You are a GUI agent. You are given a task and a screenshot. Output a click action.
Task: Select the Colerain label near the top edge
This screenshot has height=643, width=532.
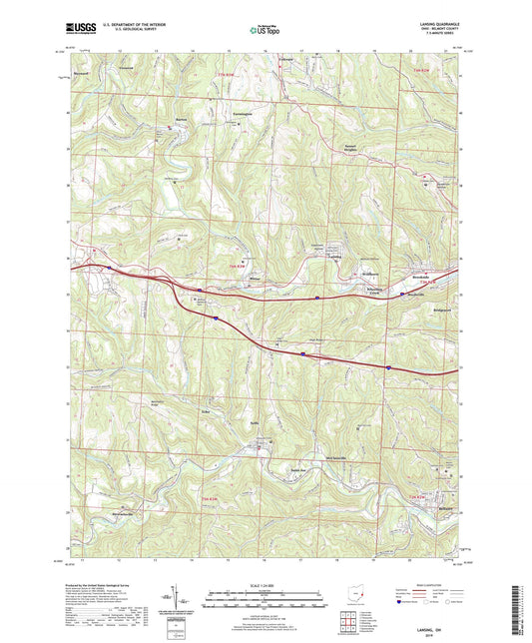pos(288,60)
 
